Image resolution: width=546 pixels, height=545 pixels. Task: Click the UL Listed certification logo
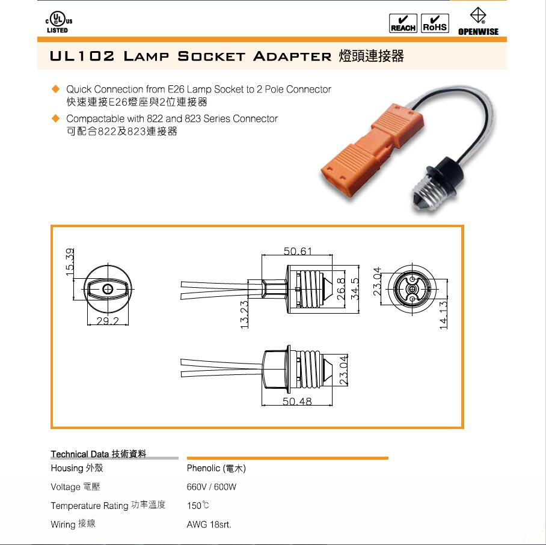pyautogui.click(x=59, y=22)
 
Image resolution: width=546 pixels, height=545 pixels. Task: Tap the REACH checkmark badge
pyautogui.click(x=403, y=23)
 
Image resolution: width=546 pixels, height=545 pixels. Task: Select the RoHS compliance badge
pyautogui.click(x=435, y=23)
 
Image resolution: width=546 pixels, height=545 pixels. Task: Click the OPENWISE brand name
pyautogui.click(x=478, y=31)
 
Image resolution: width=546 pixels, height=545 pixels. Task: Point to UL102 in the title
pyautogui.click(x=82, y=56)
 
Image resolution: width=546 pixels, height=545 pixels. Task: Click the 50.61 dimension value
pyautogui.click(x=298, y=251)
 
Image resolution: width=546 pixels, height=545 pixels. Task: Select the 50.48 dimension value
pyautogui.click(x=297, y=401)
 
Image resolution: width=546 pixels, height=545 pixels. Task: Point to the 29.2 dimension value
pyautogui.click(x=108, y=320)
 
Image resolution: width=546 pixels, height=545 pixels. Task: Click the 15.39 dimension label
pyautogui.click(x=70, y=262)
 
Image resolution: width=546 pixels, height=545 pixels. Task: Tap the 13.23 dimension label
pyautogui.click(x=245, y=315)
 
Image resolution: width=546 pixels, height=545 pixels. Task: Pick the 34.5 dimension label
pyautogui.click(x=355, y=288)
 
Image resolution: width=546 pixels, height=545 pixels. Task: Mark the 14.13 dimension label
pyautogui.click(x=443, y=315)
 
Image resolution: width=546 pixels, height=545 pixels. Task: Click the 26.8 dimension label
pyautogui.click(x=341, y=288)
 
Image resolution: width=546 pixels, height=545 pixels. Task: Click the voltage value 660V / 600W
pyautogui.click(x=212, y=487)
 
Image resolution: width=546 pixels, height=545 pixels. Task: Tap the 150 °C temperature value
pyautogui.click(x=198, y=505)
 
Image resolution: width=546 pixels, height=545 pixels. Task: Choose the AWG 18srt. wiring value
pyautogui.click(x=209, y=525)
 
